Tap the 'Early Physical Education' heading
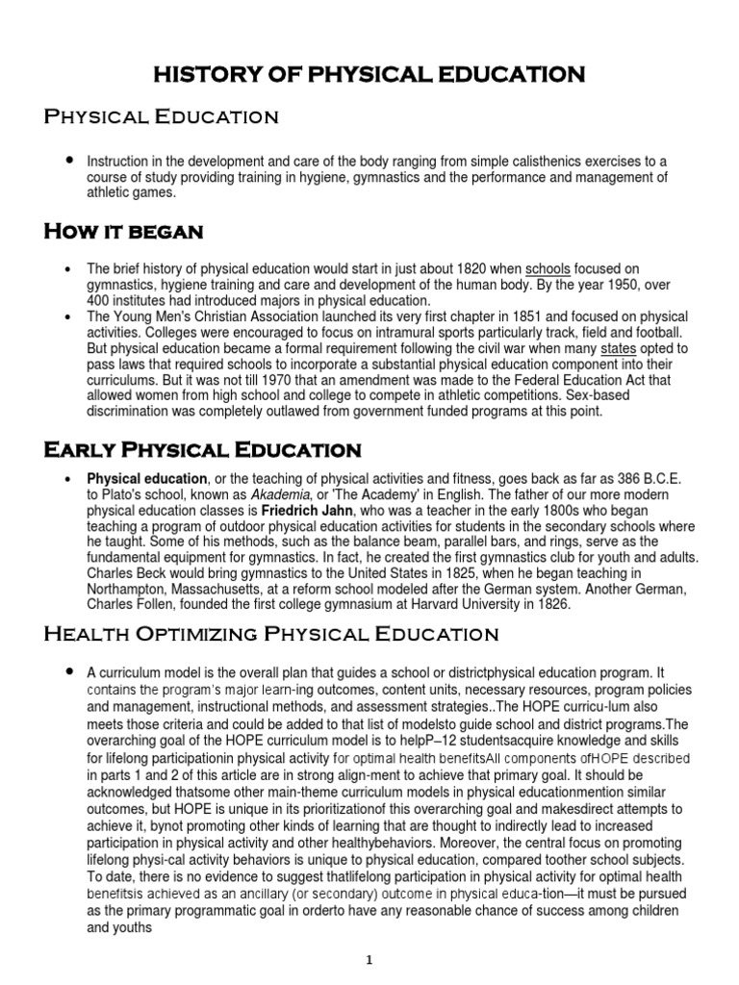[202, 449]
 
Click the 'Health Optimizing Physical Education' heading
[271, 633]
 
